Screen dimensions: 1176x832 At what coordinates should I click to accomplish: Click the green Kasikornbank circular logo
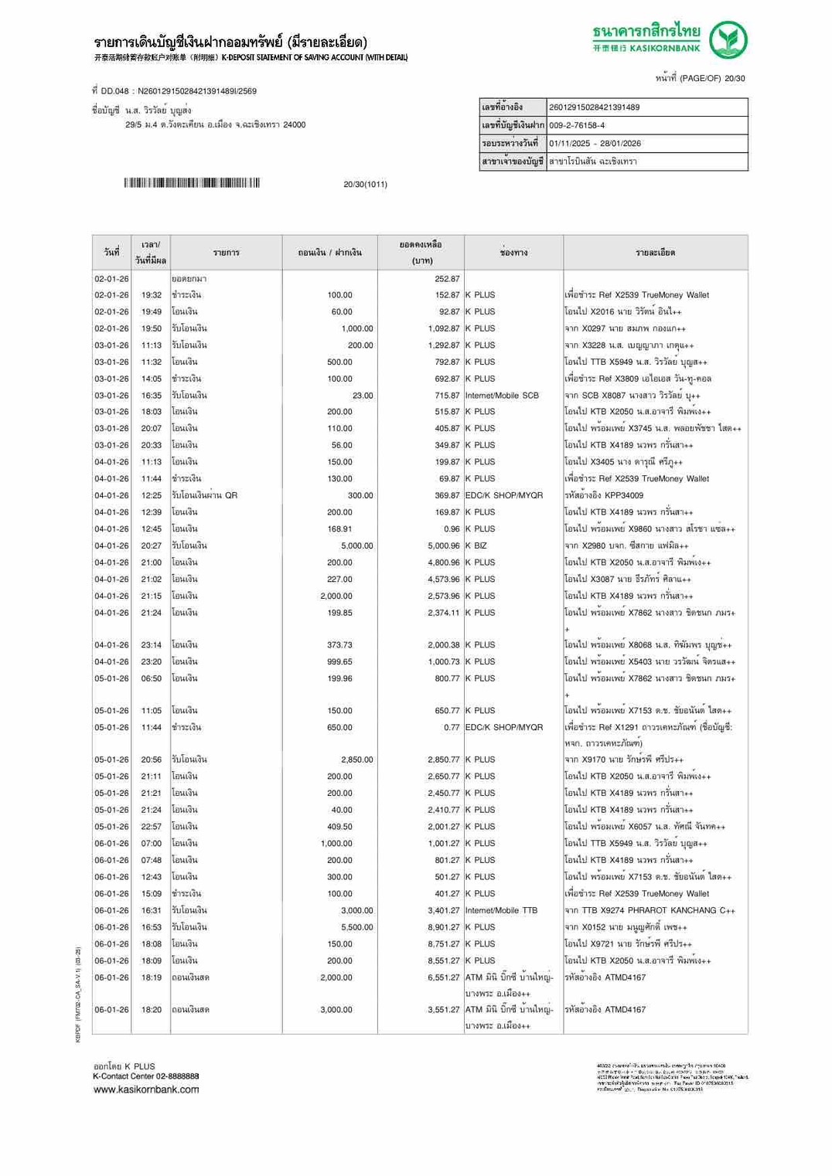(728, 39)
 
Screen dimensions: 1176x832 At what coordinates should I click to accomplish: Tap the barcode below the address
(191, 183)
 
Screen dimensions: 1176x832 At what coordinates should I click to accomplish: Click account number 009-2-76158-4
(577, 125)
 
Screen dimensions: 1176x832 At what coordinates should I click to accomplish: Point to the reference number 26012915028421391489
(594, 107)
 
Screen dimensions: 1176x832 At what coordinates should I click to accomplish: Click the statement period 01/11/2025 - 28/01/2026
(595, 144)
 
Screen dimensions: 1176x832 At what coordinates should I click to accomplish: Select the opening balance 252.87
(447, 279)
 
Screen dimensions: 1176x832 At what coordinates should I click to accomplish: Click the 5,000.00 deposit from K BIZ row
(357, 546)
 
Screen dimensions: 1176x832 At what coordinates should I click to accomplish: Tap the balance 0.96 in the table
(452, 529)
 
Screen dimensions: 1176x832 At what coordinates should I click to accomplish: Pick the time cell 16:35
(152, 396)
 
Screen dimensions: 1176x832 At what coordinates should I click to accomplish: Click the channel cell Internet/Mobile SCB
(502, 396)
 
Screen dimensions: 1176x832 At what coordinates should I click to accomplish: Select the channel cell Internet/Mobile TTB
(501, 910)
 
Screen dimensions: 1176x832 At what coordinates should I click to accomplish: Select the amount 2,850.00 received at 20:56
(357, 760)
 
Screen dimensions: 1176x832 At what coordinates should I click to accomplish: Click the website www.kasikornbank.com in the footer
(146, 1089)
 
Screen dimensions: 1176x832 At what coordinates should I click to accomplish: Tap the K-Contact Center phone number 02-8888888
(173, 1076)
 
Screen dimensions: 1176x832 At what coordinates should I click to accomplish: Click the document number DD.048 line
(174, 91)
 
